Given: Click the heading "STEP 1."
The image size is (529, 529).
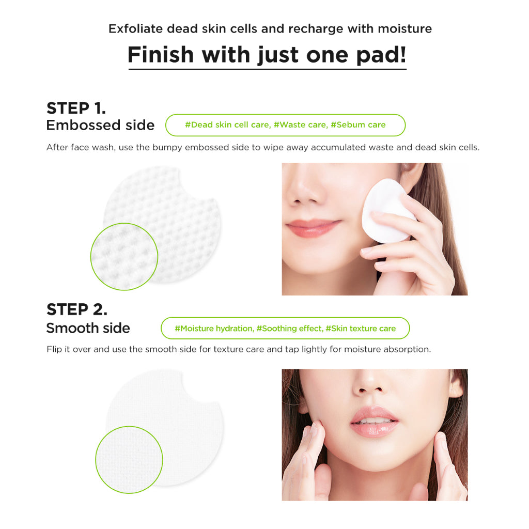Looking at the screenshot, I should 76,108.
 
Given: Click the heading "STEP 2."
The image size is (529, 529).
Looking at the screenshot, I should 77,309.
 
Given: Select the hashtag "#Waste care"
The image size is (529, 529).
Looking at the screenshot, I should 300,125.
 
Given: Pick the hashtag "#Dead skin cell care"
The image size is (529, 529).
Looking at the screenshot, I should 227,125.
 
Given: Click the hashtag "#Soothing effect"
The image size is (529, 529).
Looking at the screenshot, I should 289,329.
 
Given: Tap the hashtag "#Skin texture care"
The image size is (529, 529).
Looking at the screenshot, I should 361,329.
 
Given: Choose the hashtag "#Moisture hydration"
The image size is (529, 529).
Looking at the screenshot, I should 214,329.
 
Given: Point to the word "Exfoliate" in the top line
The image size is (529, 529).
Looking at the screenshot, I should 136,28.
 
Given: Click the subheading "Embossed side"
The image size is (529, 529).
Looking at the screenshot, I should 100,125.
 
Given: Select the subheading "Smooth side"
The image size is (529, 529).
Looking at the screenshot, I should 88,328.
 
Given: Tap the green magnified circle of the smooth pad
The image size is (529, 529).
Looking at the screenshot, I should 129,459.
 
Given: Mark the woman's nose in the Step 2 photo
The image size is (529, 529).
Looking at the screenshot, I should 370,383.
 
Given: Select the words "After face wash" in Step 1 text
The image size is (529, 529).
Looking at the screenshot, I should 81,147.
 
